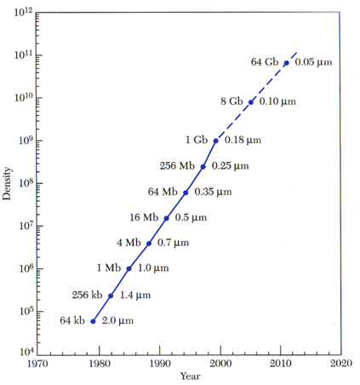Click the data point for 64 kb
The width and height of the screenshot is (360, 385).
(93, 321)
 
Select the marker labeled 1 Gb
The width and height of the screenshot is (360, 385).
(215, 141)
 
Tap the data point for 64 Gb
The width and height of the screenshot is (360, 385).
(287, 63)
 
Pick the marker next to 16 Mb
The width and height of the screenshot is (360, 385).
(167, 218)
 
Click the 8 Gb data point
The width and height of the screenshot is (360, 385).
(251, 102)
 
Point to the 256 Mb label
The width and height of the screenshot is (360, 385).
(177, 166)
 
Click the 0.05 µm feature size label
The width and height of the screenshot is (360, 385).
(313, 62)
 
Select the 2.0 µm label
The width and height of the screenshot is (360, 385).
(117, 321)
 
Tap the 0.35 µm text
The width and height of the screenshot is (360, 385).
(213, 192)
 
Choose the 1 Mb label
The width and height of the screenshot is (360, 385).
(109, 267)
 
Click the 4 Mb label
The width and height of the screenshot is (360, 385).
(129, 243)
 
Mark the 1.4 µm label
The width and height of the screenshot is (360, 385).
(135, 296)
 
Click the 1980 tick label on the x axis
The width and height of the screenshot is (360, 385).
(100, 364)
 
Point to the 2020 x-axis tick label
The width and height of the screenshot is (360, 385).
(341, 364)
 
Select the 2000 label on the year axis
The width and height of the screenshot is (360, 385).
(220, 364)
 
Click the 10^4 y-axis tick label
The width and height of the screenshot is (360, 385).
(26, 352)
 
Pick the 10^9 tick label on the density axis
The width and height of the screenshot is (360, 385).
(26, 141)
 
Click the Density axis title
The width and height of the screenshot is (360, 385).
(7, 183)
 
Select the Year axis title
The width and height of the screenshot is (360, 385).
(191, 376)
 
